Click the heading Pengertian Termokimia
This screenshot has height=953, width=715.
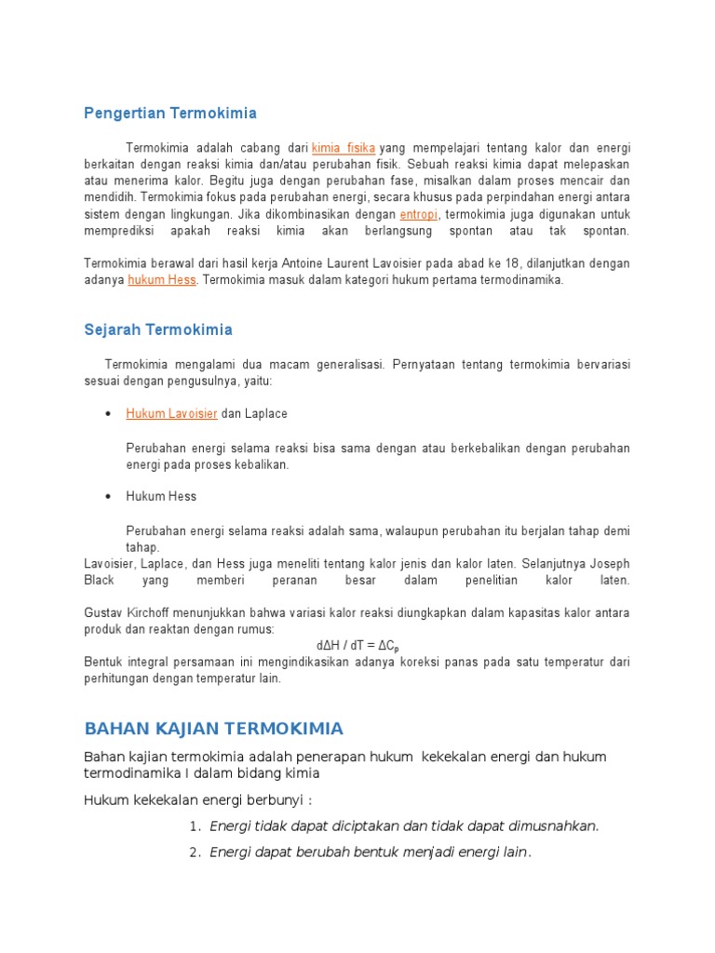tap(170, 114)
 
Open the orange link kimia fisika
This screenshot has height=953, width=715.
tap(344, 147)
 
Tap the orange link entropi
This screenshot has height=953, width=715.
tap(419, 214)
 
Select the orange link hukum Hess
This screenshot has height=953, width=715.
tap(162, 280)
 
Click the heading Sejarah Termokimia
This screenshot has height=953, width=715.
tap(158, 329)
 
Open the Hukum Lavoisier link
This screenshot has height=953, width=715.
tap(171, 413)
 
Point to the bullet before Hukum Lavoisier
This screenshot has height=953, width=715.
tap(109, 413)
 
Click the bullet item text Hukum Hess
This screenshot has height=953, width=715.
tap(161, 496)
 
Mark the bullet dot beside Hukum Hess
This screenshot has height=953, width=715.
tap(109, 496)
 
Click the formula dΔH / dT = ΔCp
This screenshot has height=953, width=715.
tap(357, 646)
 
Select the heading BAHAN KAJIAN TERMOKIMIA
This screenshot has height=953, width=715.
tap(213, 728)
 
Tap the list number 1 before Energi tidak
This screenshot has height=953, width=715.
tap(195, 826)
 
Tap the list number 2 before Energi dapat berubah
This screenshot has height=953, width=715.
tap(195, 852)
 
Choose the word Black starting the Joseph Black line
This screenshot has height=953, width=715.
tap(99, 580)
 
